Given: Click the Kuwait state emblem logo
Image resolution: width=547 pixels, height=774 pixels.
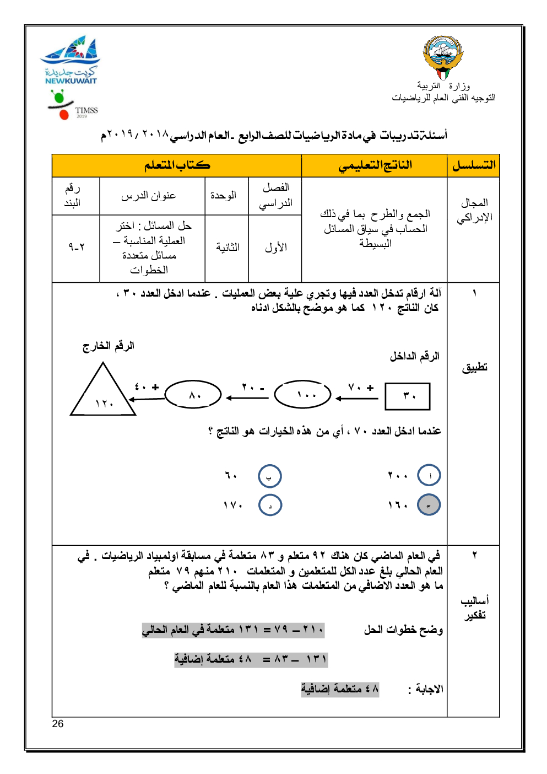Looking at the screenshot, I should click(x=443, y=57).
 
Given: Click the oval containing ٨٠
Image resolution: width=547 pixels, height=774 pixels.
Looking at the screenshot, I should click(x=193, y=395).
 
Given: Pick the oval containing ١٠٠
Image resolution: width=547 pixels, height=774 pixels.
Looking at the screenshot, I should click(x=303, y=395).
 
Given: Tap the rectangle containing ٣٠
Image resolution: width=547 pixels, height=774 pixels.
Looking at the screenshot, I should click(x=407, y=396).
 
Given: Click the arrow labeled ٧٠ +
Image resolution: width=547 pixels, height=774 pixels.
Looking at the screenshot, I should click(x=357, y=397).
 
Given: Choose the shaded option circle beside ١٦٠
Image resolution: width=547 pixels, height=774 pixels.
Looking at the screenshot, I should click(x=429, y=505).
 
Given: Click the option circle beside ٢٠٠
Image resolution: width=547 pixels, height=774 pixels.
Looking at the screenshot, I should click(x=429, y=475).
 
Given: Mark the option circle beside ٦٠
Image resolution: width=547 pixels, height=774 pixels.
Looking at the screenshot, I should click(x=269, y=476).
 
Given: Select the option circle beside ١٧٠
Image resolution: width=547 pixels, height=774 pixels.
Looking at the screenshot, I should click(x=270, y=505).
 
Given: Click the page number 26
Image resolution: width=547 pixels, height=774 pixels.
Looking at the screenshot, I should click(x=58, y=724).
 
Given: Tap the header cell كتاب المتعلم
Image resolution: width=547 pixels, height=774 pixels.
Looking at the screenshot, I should click(x=177, y=165).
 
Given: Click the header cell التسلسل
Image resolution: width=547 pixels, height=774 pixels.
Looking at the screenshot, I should click(x=473, y=165).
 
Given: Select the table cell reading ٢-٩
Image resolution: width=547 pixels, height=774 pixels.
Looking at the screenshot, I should click(x=76, y=247).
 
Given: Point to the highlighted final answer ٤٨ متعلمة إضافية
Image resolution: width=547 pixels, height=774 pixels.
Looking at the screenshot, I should click(x=340, y=689).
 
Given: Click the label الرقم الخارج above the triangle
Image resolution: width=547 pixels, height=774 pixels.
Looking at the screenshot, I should click(x=109, y=346).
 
